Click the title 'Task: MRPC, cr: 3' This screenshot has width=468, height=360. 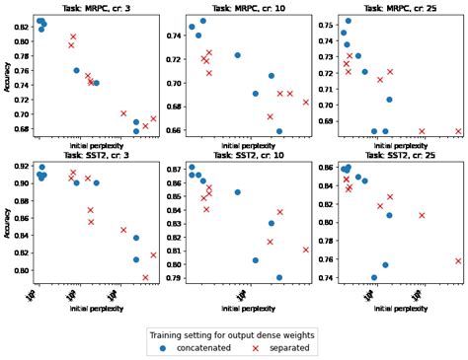click(97, 6)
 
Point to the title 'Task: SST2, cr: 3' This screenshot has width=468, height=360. click(97, 156)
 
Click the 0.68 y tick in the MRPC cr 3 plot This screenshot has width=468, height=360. click(20, 130)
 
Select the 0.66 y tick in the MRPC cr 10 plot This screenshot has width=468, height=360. click(172, 130)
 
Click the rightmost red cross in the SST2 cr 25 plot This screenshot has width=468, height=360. click(458, 261)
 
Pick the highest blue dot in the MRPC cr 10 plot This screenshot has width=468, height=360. click(203, 21)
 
